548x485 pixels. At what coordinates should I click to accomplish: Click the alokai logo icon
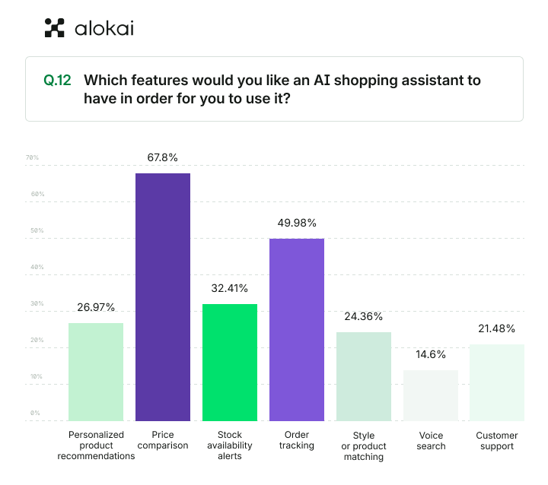pos(55,28)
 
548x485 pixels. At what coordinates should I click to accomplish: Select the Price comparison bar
pos(163,296)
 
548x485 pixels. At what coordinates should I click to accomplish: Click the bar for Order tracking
pos(296,329)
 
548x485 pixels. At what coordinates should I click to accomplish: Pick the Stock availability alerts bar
pos(230,362)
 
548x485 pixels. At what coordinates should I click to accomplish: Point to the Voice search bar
pos(430,395)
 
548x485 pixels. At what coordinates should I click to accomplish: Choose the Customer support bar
pos(496,382)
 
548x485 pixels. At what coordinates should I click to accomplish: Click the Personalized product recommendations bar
pos(96,372)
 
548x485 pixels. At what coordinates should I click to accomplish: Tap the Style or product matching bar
pos(363,376)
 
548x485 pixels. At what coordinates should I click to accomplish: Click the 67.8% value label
pos(163,157)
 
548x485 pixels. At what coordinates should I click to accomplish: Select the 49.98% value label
pos(296,223)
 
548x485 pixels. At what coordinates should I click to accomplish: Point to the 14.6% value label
pos(431,354)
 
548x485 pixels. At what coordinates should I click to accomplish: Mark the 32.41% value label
pos(230,288)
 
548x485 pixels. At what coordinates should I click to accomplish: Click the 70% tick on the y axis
pos(33,158)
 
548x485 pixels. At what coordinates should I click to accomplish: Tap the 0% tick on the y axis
pos(35,414)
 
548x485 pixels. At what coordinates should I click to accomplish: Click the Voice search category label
pos(431,441)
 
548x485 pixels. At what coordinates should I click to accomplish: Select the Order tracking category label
pos(296,440)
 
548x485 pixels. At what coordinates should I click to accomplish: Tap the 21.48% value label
pos(496,328)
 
